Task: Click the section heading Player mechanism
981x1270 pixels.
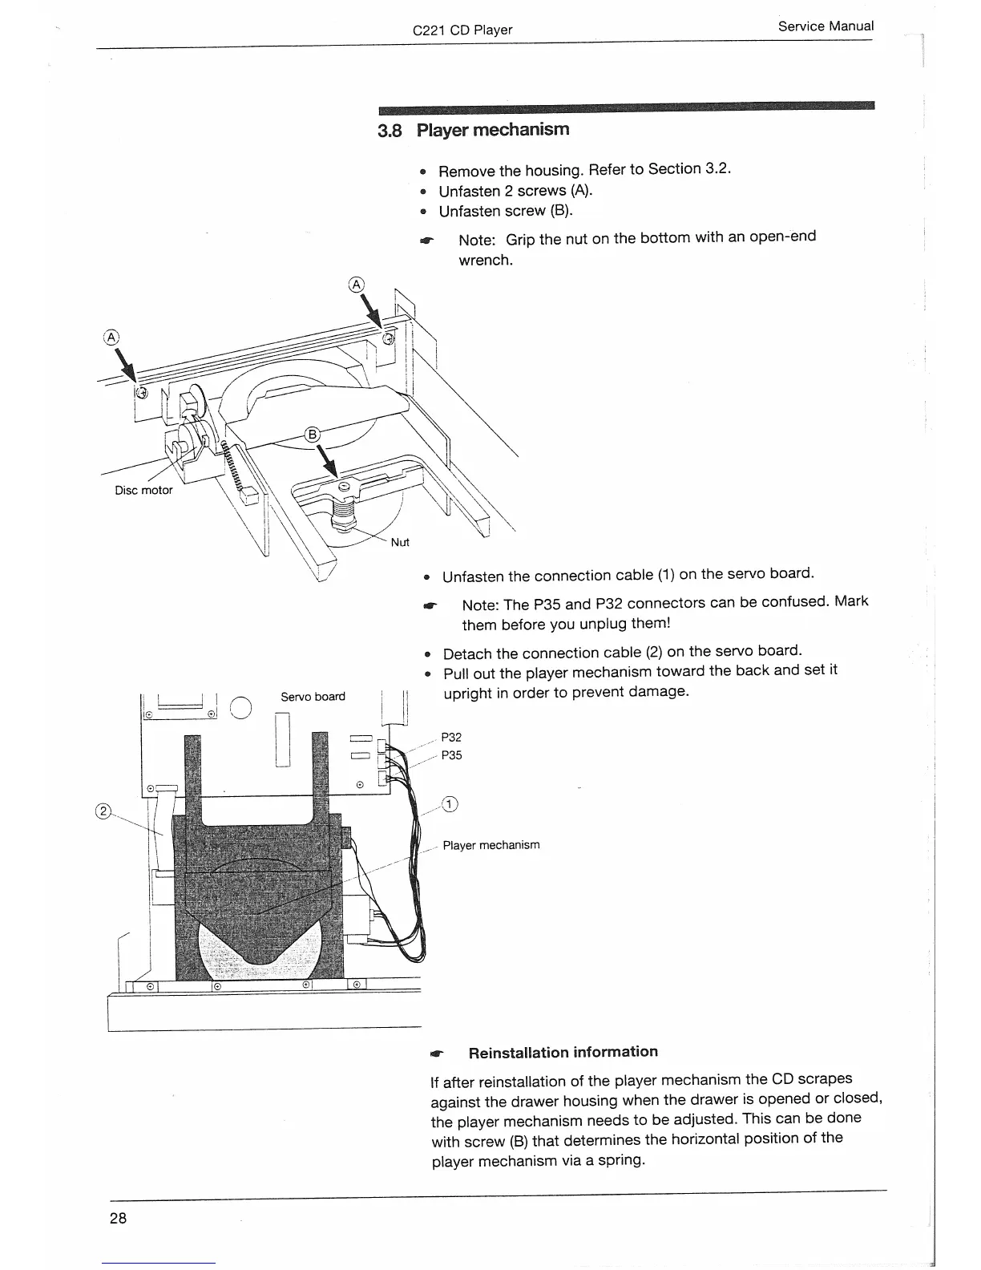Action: click(493, 130)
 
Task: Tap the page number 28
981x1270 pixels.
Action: click(118, 1218)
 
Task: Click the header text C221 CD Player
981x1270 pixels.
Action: click(462, 30)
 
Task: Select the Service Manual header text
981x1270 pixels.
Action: click(826, 26)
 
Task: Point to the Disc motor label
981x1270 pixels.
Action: click(143, 491)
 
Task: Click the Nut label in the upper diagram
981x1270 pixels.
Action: click(400, 543)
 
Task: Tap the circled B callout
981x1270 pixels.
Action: click(313, 435)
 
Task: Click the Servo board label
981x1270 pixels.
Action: click(313, 697)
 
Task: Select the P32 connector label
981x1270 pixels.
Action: click(452, 738)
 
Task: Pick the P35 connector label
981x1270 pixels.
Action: click(452, 755)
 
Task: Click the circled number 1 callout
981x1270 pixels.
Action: click(450, 805)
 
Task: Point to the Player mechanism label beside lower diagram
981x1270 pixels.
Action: click(491, 845)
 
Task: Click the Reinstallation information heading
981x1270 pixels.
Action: click(563, 1052)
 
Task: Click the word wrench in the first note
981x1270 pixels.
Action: click(485, 261)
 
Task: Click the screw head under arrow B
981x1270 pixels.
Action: click(344, 487)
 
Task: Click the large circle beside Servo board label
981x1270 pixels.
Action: click(242, 706)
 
